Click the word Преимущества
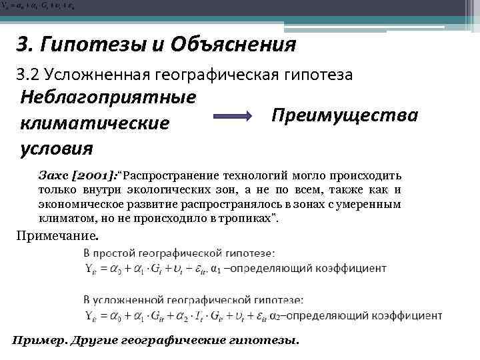click(345, 115)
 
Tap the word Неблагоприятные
click(109, 97)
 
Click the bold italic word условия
click(57, 147)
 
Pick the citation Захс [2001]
click(77, 176)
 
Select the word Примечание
click(57, 235)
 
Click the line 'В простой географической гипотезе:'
click(179, 253)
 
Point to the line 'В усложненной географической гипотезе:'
click(193, 300)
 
